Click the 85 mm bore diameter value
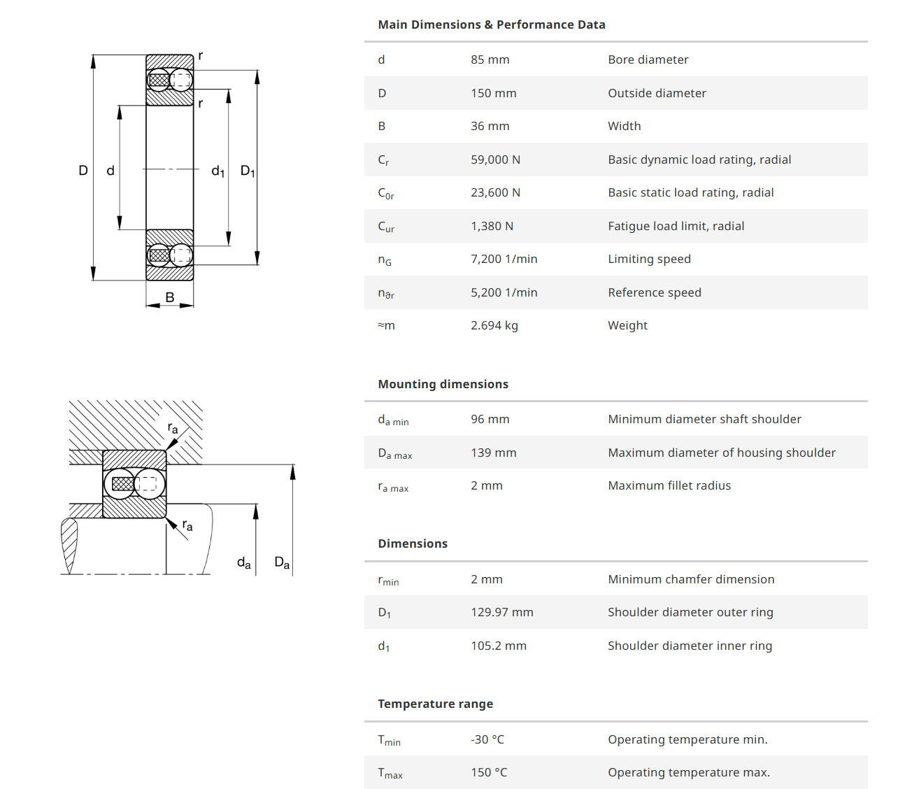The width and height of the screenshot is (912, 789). coord(490,59)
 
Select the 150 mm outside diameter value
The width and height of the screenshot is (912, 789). coord(493,93)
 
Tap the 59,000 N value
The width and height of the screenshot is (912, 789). coord(495,159)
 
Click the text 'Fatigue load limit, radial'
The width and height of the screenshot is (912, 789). coord(676,226)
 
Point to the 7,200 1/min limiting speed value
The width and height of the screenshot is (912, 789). coord(504,259)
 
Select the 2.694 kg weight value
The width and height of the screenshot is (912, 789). coord(494,325)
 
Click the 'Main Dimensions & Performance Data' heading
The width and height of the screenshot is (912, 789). coord(491,24)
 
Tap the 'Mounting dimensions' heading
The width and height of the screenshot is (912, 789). coord(443,384)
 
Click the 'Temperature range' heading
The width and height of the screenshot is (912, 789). coord(435,704)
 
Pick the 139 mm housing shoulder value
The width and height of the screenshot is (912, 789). coord(493,453)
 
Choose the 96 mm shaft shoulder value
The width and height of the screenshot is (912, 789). coord(490,419)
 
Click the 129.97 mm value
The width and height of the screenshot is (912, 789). coord(501,612)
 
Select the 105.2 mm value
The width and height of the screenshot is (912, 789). coord(498,646)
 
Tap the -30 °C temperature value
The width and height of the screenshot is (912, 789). coord(487,739)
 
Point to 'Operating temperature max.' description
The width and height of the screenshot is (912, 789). coord(688,772)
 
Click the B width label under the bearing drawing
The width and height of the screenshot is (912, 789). coord(169,297)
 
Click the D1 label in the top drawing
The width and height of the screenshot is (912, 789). coord(248,171)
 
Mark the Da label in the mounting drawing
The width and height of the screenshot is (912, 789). coord(282,562)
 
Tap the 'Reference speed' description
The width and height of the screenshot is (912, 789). coord(654,292)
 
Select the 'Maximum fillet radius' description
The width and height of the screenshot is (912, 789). coord(669,485)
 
